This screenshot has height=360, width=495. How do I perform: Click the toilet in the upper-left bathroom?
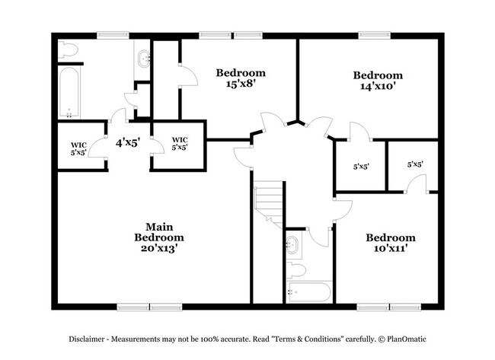[68, 50]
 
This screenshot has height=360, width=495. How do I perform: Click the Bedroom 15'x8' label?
[241, 78]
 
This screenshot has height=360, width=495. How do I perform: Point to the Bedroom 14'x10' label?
[377, 81]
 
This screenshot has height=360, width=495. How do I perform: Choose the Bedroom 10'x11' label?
[390, 243]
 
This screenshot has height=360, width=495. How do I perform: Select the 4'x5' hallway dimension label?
[127, 142]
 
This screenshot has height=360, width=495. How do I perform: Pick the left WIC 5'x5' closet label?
[78, 148]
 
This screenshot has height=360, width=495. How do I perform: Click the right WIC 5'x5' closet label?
[180, 143]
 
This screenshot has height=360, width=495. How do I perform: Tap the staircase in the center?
[269, 202]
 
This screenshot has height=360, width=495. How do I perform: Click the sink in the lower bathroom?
[294, 245]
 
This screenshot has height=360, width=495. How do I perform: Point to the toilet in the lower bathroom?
[298, 269]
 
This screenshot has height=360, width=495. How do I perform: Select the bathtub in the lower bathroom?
[309, 292]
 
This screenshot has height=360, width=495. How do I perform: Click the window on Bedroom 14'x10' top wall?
[374, 34]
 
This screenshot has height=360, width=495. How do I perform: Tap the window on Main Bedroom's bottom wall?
[149, 307]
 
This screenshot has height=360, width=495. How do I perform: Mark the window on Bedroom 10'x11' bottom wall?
[390, 307]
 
